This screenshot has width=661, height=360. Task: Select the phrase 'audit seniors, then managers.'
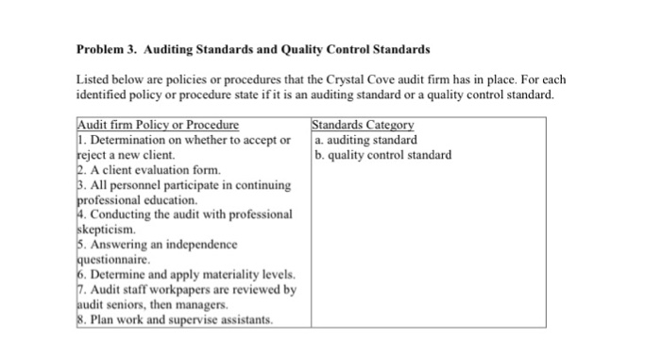coord(151,304)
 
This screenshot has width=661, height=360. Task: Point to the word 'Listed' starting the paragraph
coord(93,80)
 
